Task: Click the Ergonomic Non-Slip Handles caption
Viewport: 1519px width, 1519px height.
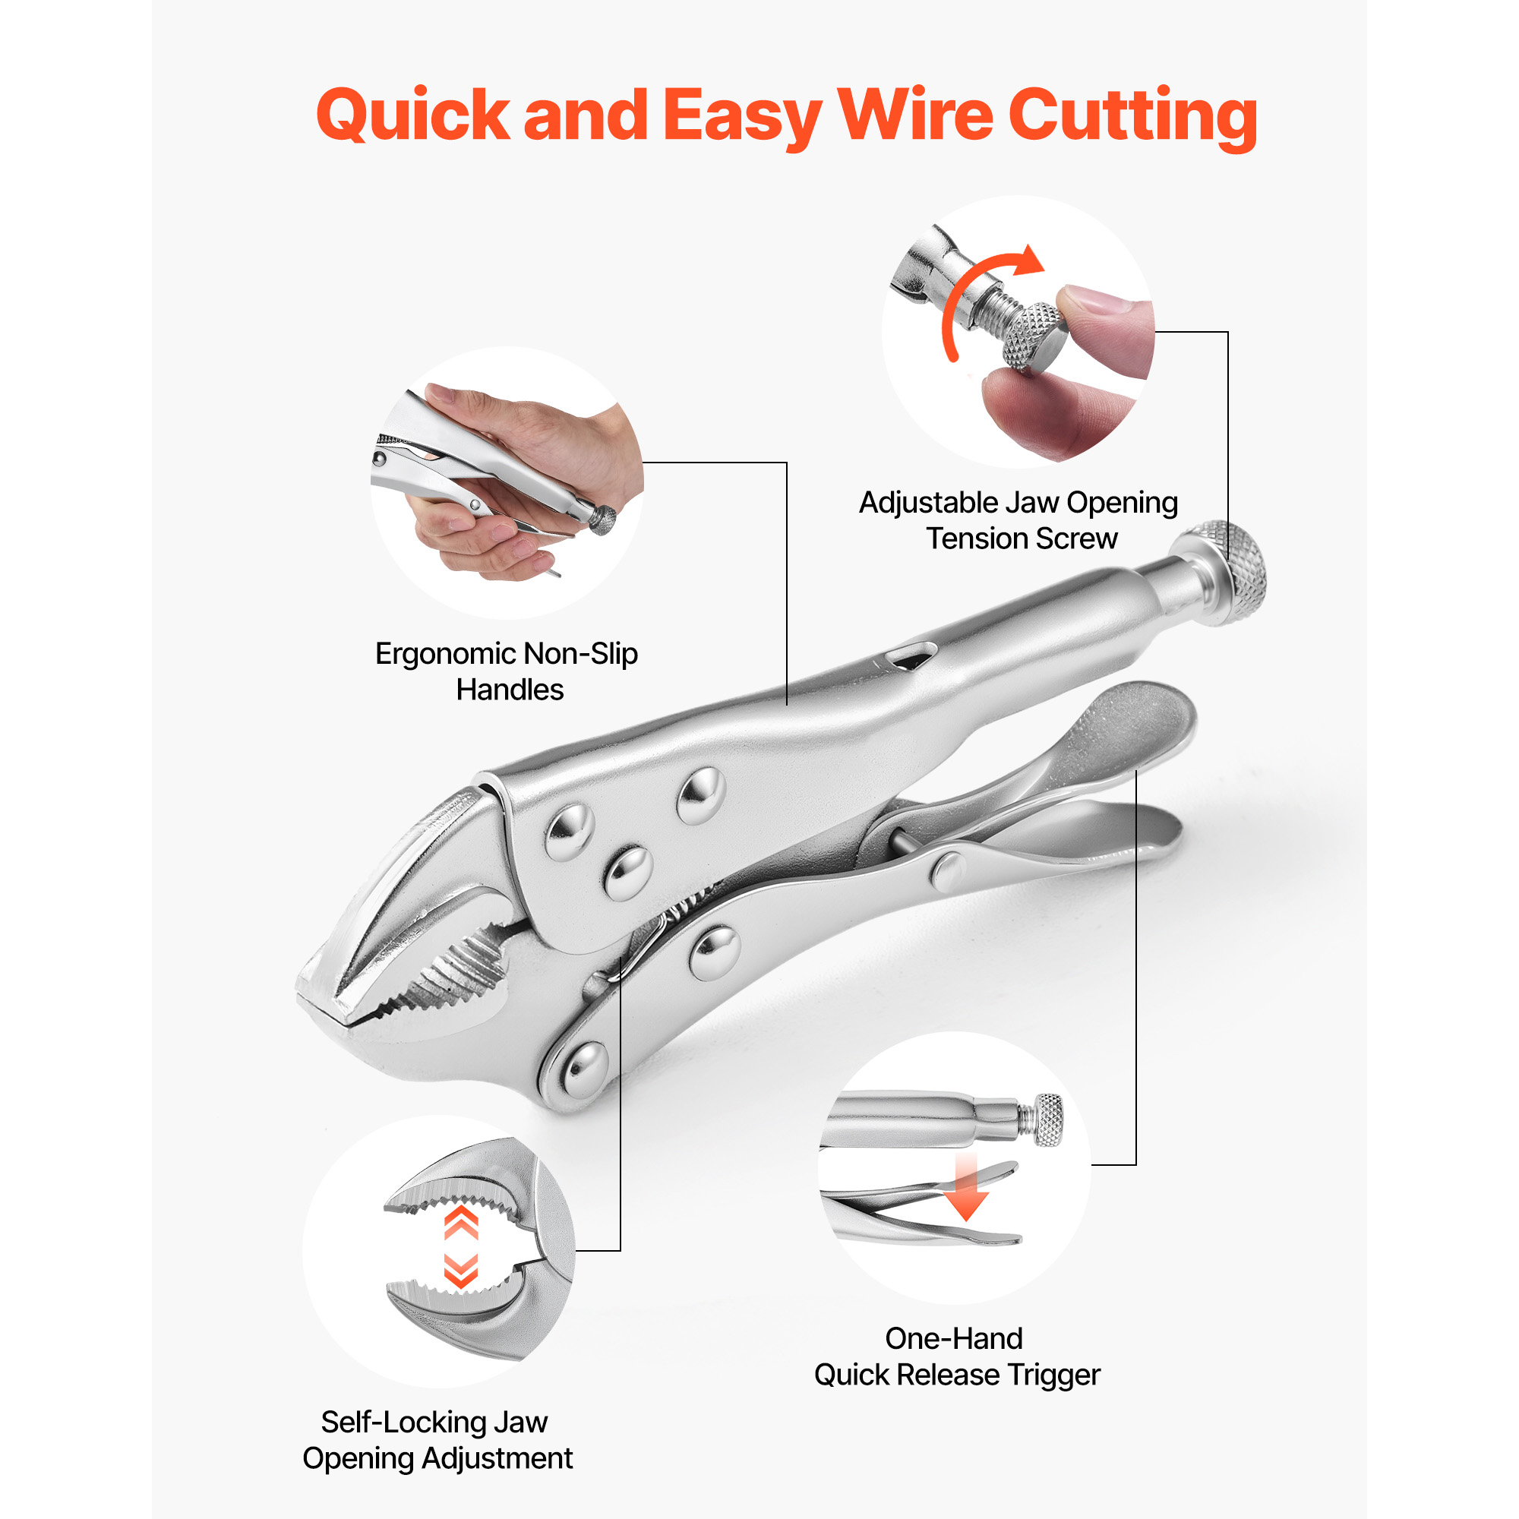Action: (507, 671)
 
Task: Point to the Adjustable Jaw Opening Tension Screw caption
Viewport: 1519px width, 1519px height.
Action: (1018, 520)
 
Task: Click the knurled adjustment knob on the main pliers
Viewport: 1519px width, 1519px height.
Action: (1227, 572)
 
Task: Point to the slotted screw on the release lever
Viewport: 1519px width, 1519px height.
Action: (949, 870)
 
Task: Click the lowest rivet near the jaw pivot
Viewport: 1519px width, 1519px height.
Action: (585, 1069)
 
